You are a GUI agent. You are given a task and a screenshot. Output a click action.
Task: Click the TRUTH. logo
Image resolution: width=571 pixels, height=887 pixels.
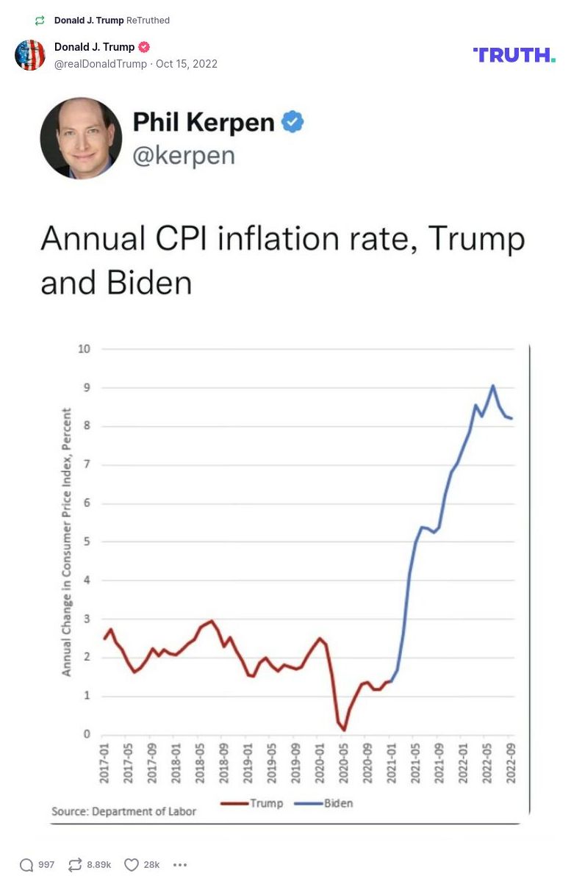coord(514,55)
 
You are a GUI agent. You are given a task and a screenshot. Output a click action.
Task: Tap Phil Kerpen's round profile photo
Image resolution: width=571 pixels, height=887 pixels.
coord(81,138)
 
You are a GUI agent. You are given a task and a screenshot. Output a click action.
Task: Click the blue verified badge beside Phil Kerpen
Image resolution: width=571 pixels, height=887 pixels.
coord(292,122)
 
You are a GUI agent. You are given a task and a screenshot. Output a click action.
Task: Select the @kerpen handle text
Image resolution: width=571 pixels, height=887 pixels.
coord(184,155)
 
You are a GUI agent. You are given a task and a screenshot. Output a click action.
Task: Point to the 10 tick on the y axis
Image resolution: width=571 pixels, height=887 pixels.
coord(84,348)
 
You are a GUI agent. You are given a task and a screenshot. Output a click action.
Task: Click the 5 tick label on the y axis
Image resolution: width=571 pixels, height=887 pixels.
coord(87,542)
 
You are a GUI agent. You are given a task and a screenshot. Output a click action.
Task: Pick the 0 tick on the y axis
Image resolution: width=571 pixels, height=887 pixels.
coord(87,734)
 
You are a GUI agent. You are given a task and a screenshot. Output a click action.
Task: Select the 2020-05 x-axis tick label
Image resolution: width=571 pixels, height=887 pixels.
coord(343,764)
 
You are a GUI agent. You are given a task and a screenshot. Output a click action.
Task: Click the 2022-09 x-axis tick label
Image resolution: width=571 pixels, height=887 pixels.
coord(510,764)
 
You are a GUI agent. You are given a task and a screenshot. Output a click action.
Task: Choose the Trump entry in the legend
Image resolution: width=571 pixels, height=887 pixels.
coord(252,803)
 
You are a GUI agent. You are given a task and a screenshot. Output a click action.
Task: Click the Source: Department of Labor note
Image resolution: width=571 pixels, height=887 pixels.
coord(123,811)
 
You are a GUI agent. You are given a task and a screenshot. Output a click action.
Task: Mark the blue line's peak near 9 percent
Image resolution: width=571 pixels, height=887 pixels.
coord(492,385)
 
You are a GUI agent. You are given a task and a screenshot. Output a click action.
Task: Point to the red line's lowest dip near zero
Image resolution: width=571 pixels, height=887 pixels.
coord(344,730)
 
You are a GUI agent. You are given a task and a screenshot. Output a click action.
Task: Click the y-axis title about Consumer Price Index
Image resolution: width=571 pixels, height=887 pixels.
coord(67,542)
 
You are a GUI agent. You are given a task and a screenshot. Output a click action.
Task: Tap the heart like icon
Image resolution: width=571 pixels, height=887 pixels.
coord(132,865)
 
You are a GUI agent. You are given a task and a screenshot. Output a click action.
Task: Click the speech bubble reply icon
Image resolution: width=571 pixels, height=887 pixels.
coord(26,865)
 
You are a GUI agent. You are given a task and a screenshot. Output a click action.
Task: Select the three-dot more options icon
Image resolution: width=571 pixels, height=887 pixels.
coord(180,865)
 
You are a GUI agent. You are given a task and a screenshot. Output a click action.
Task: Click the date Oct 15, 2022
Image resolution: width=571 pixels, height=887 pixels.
coord(187,64)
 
